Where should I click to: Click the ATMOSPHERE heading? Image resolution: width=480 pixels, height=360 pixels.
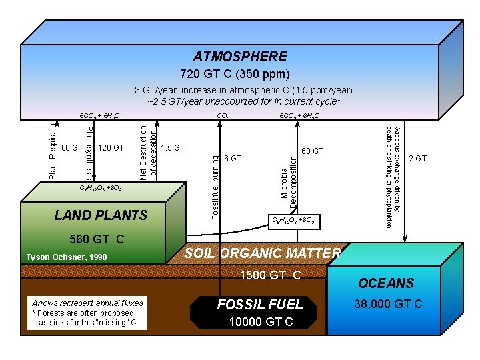pos(240,57)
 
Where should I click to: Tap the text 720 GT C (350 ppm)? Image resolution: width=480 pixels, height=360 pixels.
pos(235,73)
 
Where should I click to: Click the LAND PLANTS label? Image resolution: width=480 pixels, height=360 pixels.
pos(101,215)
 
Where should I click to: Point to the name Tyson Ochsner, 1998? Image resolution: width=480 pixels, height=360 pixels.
pos(67,257)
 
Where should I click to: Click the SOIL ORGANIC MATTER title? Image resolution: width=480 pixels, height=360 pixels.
pos(263,253)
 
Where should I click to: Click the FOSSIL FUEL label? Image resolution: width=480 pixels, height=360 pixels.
pos(260,304)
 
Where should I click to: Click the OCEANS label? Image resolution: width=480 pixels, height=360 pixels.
pos(385,283)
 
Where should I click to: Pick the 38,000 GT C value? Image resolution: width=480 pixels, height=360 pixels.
pos(389,304)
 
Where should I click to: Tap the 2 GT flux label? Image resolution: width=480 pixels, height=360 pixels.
pos(417,159)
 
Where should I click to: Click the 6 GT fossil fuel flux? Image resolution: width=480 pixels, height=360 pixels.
pos(233,159)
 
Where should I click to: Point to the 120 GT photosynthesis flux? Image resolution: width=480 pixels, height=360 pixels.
pos(111,147)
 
